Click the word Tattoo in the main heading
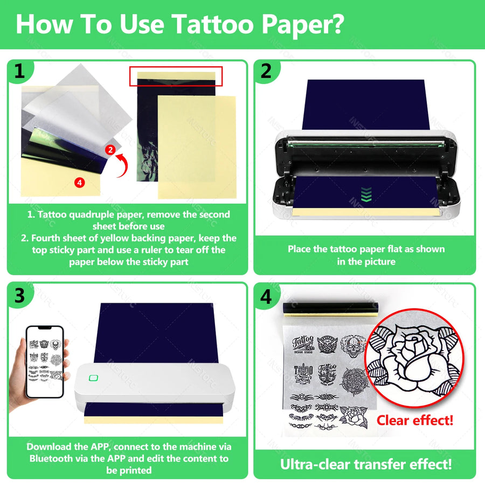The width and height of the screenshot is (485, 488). (x=212, y=24)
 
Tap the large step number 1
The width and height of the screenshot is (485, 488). (x=19, y=71)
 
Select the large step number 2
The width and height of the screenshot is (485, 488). (x=266, y=71)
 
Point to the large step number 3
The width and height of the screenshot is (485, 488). (x=19, y=295)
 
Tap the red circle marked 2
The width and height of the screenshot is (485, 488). (x=110, y=150)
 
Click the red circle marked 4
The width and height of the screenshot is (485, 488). (x=80, y=183)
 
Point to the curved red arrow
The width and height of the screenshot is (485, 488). (x=123, y=165)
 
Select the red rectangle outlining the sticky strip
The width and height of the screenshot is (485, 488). (x=176, y=76)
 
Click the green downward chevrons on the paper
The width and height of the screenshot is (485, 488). (x=366, y=194)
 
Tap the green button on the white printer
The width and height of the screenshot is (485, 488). (x=93, y=378)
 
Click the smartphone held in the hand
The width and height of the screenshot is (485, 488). (x=45, y=362)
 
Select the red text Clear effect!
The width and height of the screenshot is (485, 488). (x=414, y=421)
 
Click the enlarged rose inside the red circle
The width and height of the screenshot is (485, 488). (x=414, y=358)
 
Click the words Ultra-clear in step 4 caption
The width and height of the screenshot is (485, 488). (x=315, y=465)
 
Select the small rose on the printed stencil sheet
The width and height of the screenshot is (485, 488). (x=354, y=417)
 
